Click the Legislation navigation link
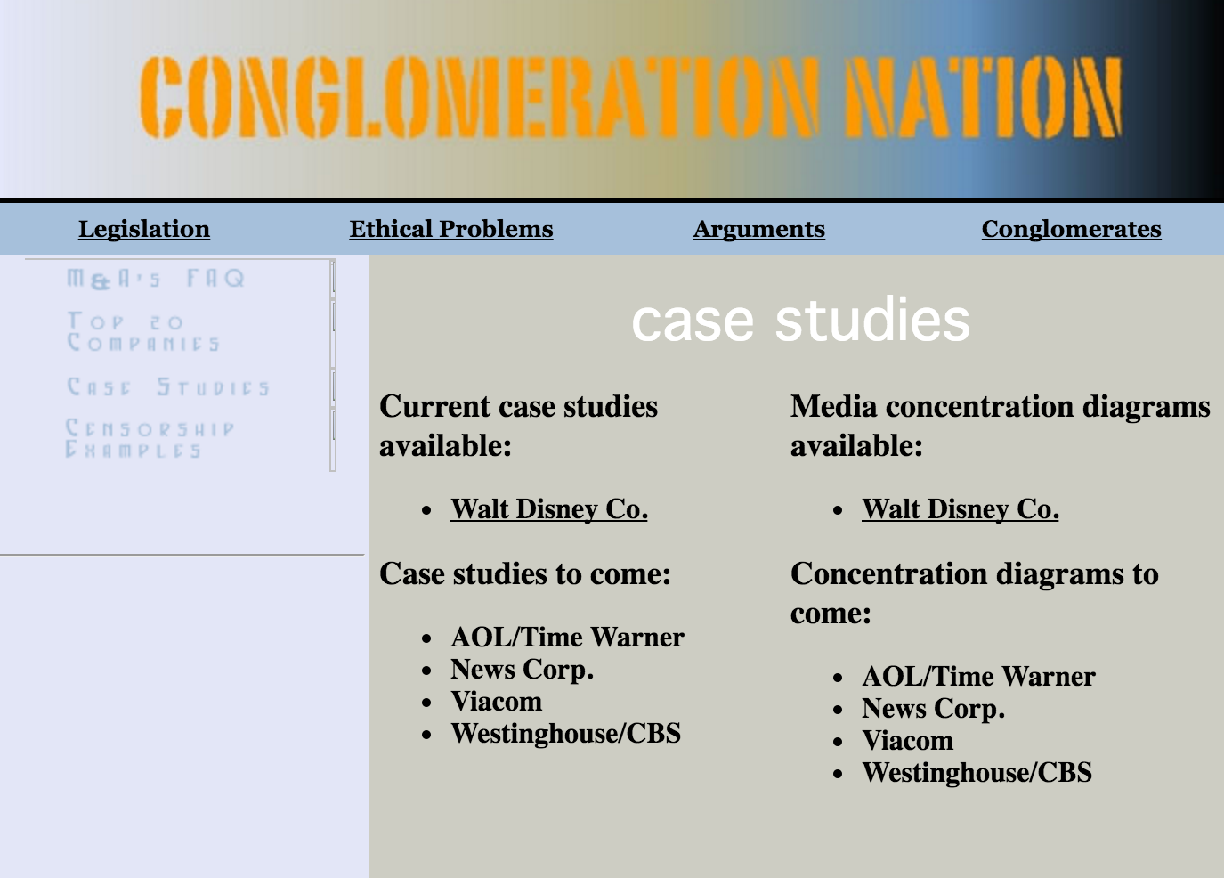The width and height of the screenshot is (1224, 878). pos(143,229)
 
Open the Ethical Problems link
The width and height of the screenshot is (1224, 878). pos(451,229)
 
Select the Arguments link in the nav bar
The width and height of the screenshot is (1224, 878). pos(759,229)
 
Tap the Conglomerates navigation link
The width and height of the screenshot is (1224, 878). pos(1072,229)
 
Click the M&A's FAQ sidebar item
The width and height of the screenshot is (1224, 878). pos(155,279)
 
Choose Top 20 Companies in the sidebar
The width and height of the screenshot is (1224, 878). pos(142,331)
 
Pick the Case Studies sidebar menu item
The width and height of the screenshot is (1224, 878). pos(168,387)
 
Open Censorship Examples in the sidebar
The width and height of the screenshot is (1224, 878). pos(150,438)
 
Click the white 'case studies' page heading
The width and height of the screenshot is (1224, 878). pos(800,320)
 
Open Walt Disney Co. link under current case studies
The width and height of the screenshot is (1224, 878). pos(549,509)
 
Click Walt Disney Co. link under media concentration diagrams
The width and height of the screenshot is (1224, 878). pos(961,509)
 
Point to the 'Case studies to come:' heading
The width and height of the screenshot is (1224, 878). pos(525,574)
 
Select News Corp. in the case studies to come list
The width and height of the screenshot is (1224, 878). pos(522,670)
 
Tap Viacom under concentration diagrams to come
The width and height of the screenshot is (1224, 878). pos(908,741)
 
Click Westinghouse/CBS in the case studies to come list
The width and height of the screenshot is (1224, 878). pos(565,733)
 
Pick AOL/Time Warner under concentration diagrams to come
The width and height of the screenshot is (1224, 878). pos(978,677)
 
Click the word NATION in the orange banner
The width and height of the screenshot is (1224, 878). pos(983,97)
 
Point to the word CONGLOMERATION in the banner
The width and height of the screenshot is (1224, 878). pos(479,97)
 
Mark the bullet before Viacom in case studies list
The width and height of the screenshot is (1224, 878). pos(426,703)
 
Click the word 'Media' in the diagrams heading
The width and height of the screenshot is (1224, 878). pos(834,407)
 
